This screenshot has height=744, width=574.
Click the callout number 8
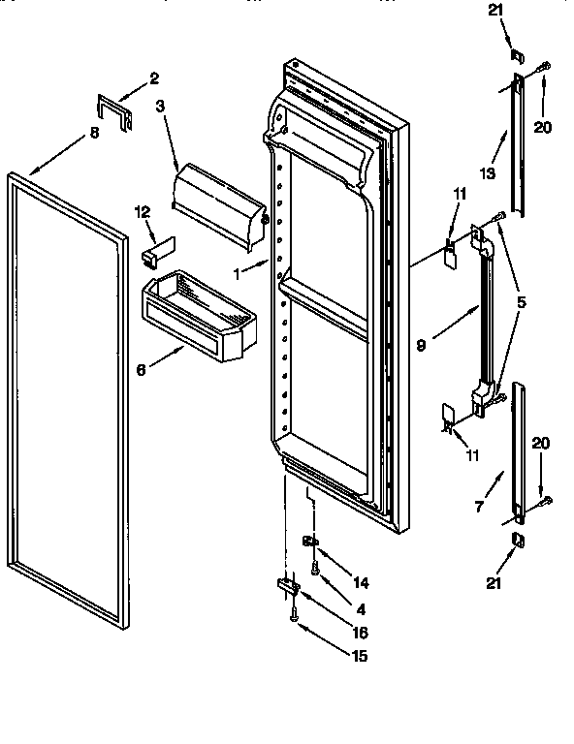(93, 136)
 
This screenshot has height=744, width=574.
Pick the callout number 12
(142, 212)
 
